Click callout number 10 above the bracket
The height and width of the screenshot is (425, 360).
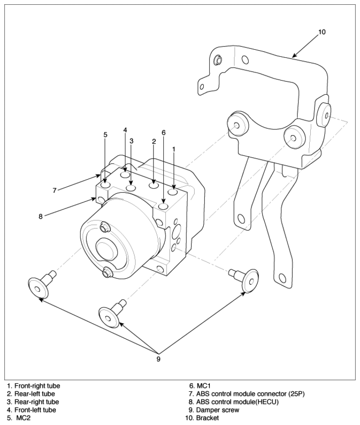[322, 32]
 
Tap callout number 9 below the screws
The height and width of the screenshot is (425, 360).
[159, 359]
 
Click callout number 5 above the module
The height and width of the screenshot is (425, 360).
[106, 135]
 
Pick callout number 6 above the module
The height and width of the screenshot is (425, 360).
[163, 133]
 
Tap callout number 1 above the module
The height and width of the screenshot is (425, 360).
[174, 148]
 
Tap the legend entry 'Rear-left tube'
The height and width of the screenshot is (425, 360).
[31, 394]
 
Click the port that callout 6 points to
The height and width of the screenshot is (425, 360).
[163, 206]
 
